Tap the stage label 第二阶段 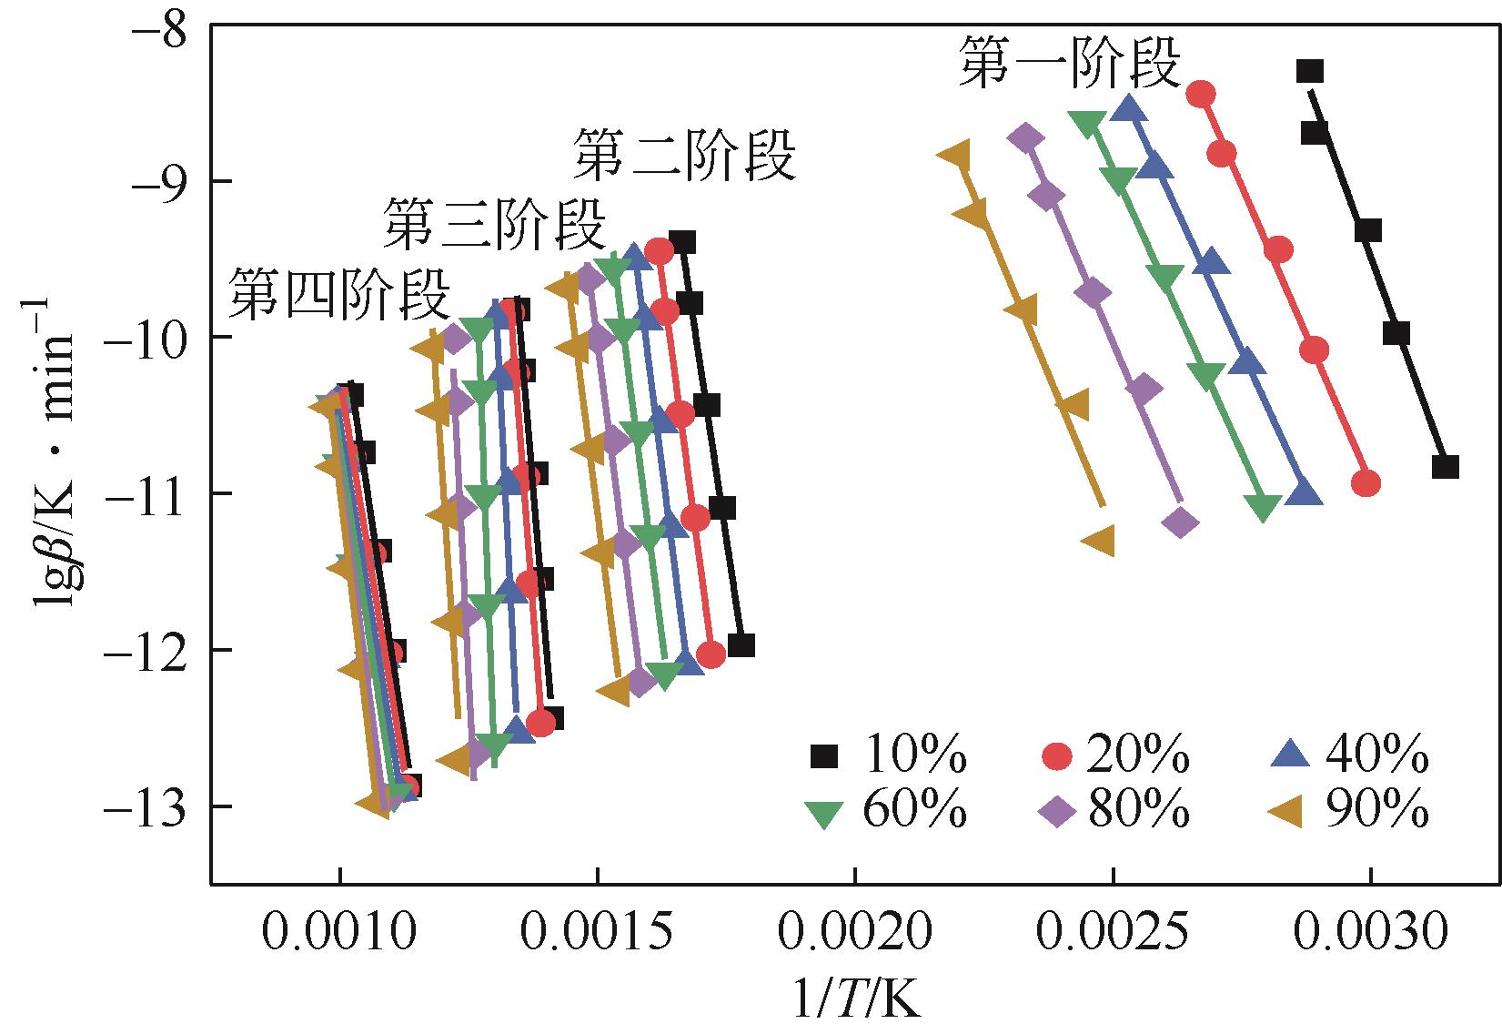coord(684,156)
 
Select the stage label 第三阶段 coord(494,225)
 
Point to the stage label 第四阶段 coord(338,295)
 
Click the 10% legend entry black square coord(824,756)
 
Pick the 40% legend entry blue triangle coord(1291,755)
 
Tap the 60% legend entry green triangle coord(824,811)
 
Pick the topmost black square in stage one coord(1309,71)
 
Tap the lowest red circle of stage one coord(1366,483)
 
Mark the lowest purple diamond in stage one coord(1181,522)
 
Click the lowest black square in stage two coord(741,645)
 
